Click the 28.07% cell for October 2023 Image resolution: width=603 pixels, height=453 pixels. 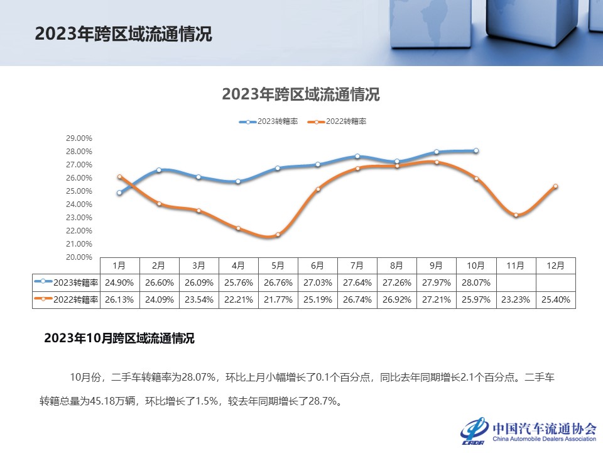[476, 282]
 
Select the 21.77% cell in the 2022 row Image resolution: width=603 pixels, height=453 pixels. [278, 300]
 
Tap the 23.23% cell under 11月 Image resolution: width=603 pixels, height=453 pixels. [516, 300]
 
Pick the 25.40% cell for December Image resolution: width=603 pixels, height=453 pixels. [555, 300]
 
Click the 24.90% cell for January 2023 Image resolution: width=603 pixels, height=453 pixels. [119, 282]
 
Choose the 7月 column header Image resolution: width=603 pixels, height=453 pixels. [357, 266]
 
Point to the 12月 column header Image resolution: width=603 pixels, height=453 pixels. [555, 266]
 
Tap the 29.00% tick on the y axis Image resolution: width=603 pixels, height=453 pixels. [80, 138]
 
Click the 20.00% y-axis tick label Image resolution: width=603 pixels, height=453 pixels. [80, 257]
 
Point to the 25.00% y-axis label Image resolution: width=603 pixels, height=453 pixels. [80, 191]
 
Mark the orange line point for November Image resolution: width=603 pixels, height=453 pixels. [516, 215]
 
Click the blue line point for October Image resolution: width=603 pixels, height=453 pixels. [476, 151]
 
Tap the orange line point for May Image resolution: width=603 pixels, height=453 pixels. [278, 235]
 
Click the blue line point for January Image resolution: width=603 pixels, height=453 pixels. [119, 193]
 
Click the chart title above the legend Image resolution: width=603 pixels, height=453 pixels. [301, 95]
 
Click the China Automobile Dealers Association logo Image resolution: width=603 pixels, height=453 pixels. [528, 431]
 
